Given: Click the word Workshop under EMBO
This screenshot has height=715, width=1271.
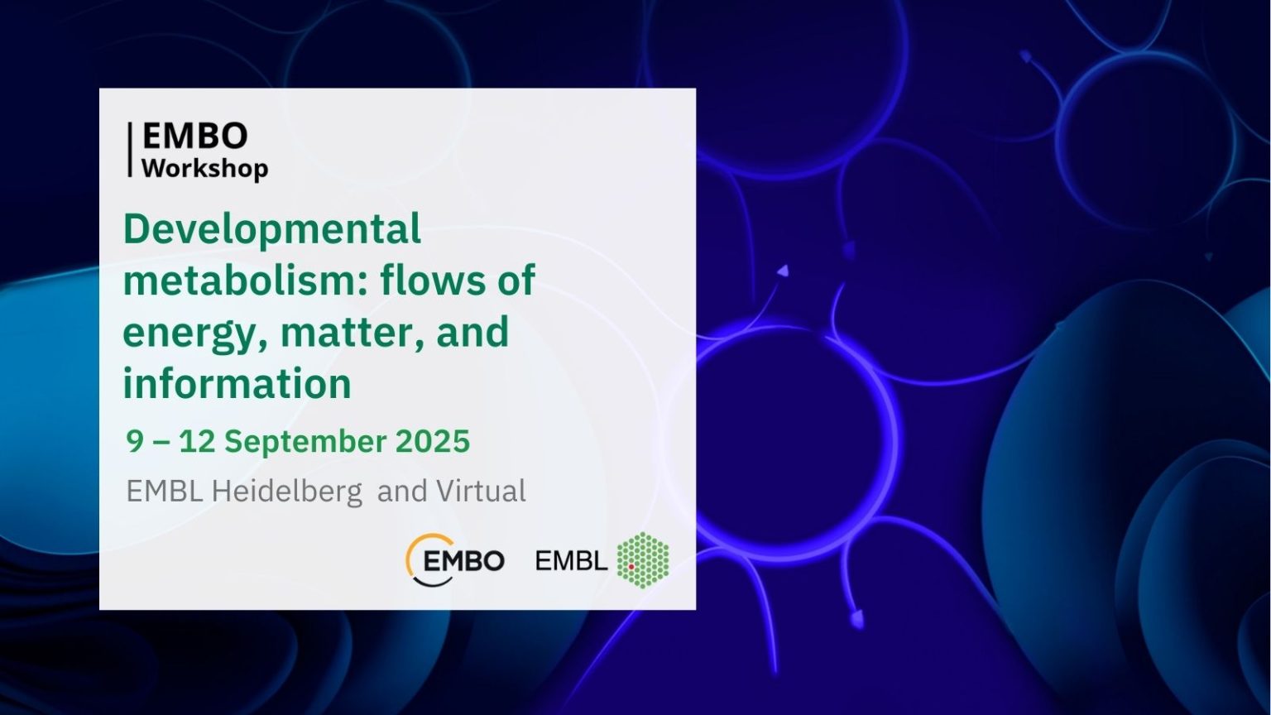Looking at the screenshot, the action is tap(205, 169).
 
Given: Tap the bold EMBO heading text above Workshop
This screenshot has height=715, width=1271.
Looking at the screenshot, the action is tap(195, 137).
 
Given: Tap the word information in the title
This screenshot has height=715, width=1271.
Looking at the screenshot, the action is tap(237, 383).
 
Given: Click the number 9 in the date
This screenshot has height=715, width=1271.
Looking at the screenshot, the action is tap(135, 441).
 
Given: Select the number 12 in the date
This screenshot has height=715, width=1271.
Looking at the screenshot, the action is tap(198, 441).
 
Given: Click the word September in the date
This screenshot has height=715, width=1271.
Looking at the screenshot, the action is tap(305, 443).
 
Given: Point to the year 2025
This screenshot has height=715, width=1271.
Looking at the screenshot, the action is tap(433, 441).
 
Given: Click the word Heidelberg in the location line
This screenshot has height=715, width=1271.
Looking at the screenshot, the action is tap(286, 492).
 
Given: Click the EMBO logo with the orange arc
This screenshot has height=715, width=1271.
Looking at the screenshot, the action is tap(455, 560).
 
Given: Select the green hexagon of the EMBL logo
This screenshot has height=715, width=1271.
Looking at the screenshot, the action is tap(643, 560).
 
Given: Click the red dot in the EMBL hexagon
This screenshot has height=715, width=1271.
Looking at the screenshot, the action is tap(631, 566).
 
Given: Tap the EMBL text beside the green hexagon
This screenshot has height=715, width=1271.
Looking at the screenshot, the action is tap(572, 561).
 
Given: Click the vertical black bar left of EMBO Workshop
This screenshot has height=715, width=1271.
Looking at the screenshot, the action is tap(130, 150).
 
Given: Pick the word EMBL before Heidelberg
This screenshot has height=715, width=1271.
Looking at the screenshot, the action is tap(164, 491).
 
